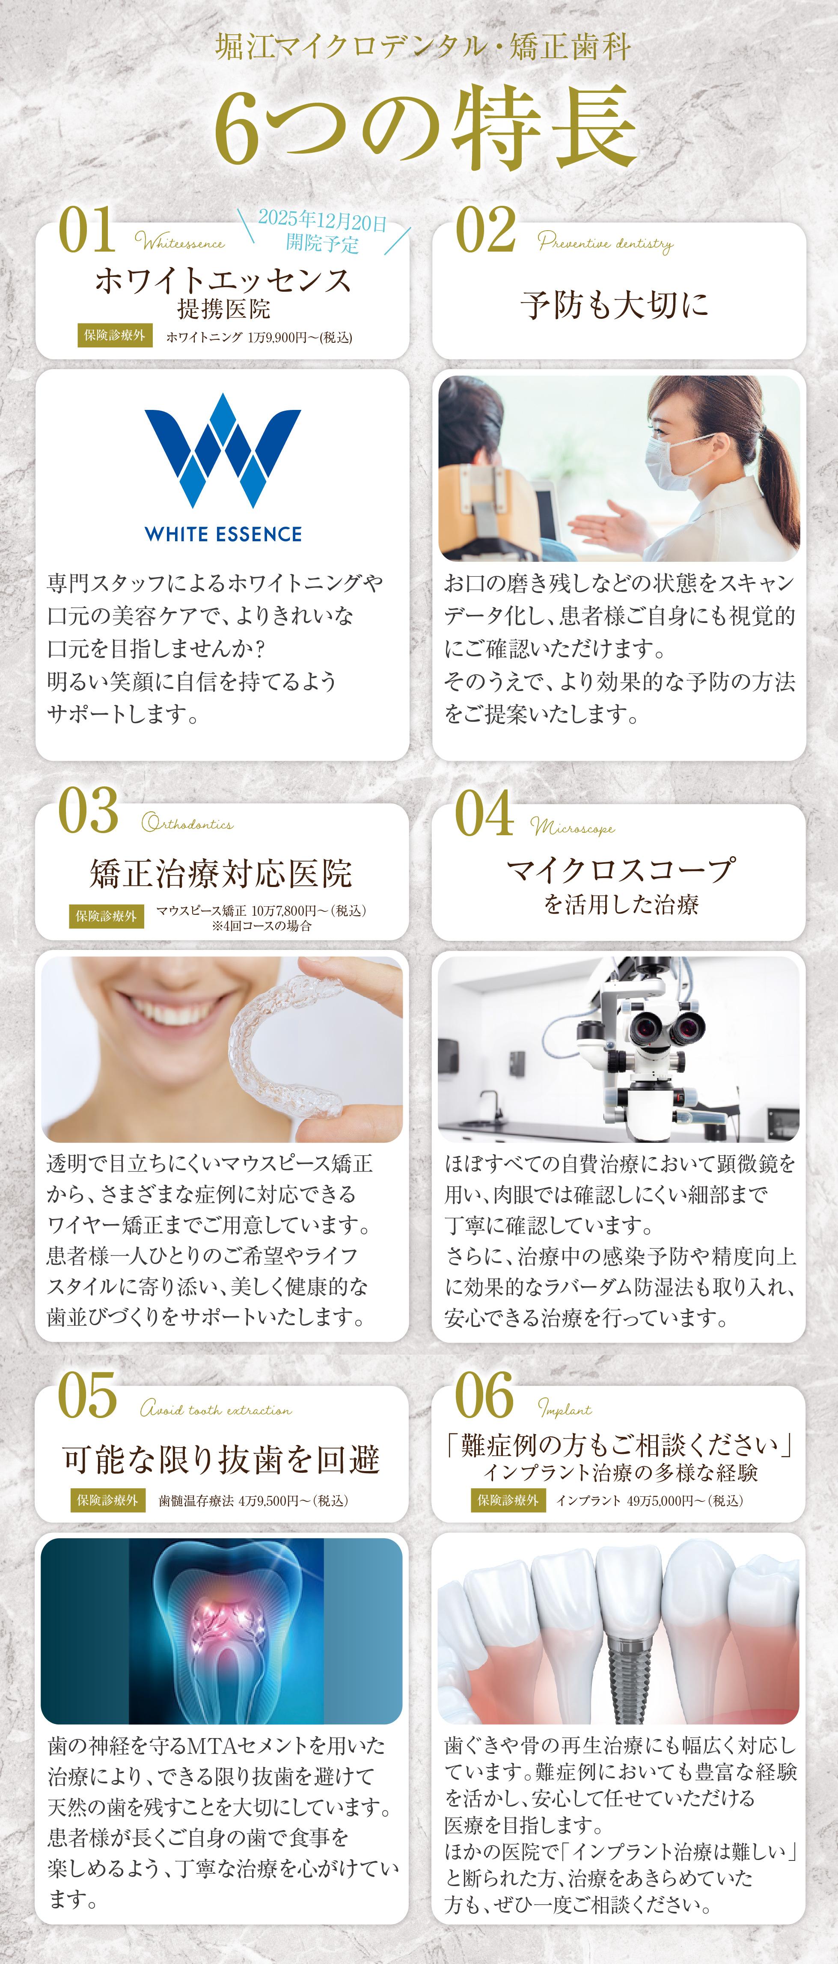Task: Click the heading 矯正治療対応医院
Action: click(221, 873)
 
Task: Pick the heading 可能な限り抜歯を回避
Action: click(221, 1458)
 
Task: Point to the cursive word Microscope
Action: click(573, 827)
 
